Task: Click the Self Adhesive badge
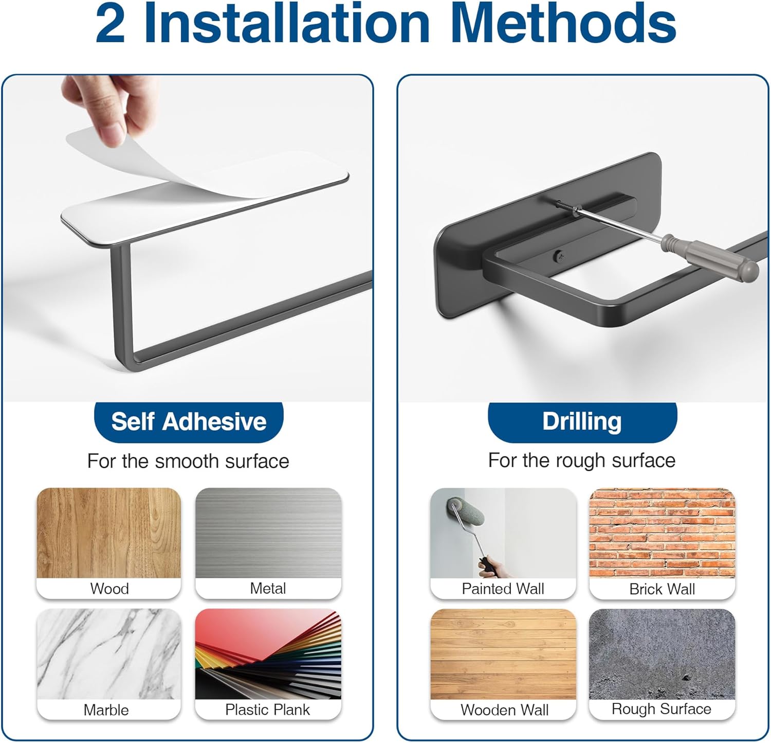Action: (x=189, y=421)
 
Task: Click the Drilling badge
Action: (x=582, y=421)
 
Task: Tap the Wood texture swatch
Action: (x=109, y=533)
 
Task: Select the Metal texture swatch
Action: (x=268, y=533)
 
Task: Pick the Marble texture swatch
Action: (x=109, y=654)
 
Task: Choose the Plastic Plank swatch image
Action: (x=268, y=654)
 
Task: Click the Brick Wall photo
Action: (x=662, y=533)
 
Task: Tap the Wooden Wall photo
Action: (x=503, y=654)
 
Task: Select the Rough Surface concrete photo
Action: (x=662, y=654)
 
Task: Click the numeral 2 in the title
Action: (x=110, y=25)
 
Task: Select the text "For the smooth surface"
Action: (x=188, y=461)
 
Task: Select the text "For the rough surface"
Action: (x=582, y=461)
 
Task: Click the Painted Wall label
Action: (x=503, y=589)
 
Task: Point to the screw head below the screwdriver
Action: (x=559, y=255)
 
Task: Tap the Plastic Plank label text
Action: (x=267, y=710)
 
